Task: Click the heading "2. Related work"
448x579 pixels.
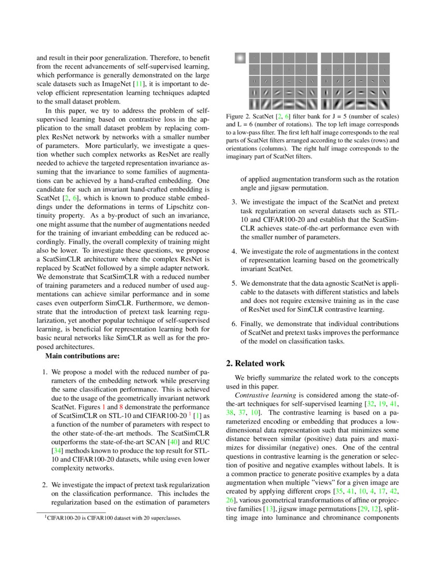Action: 256,363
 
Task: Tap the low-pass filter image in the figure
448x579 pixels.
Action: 240,58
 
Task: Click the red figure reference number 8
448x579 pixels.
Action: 121,407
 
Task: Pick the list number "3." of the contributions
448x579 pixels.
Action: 235,202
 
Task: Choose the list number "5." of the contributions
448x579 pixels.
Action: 235,283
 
